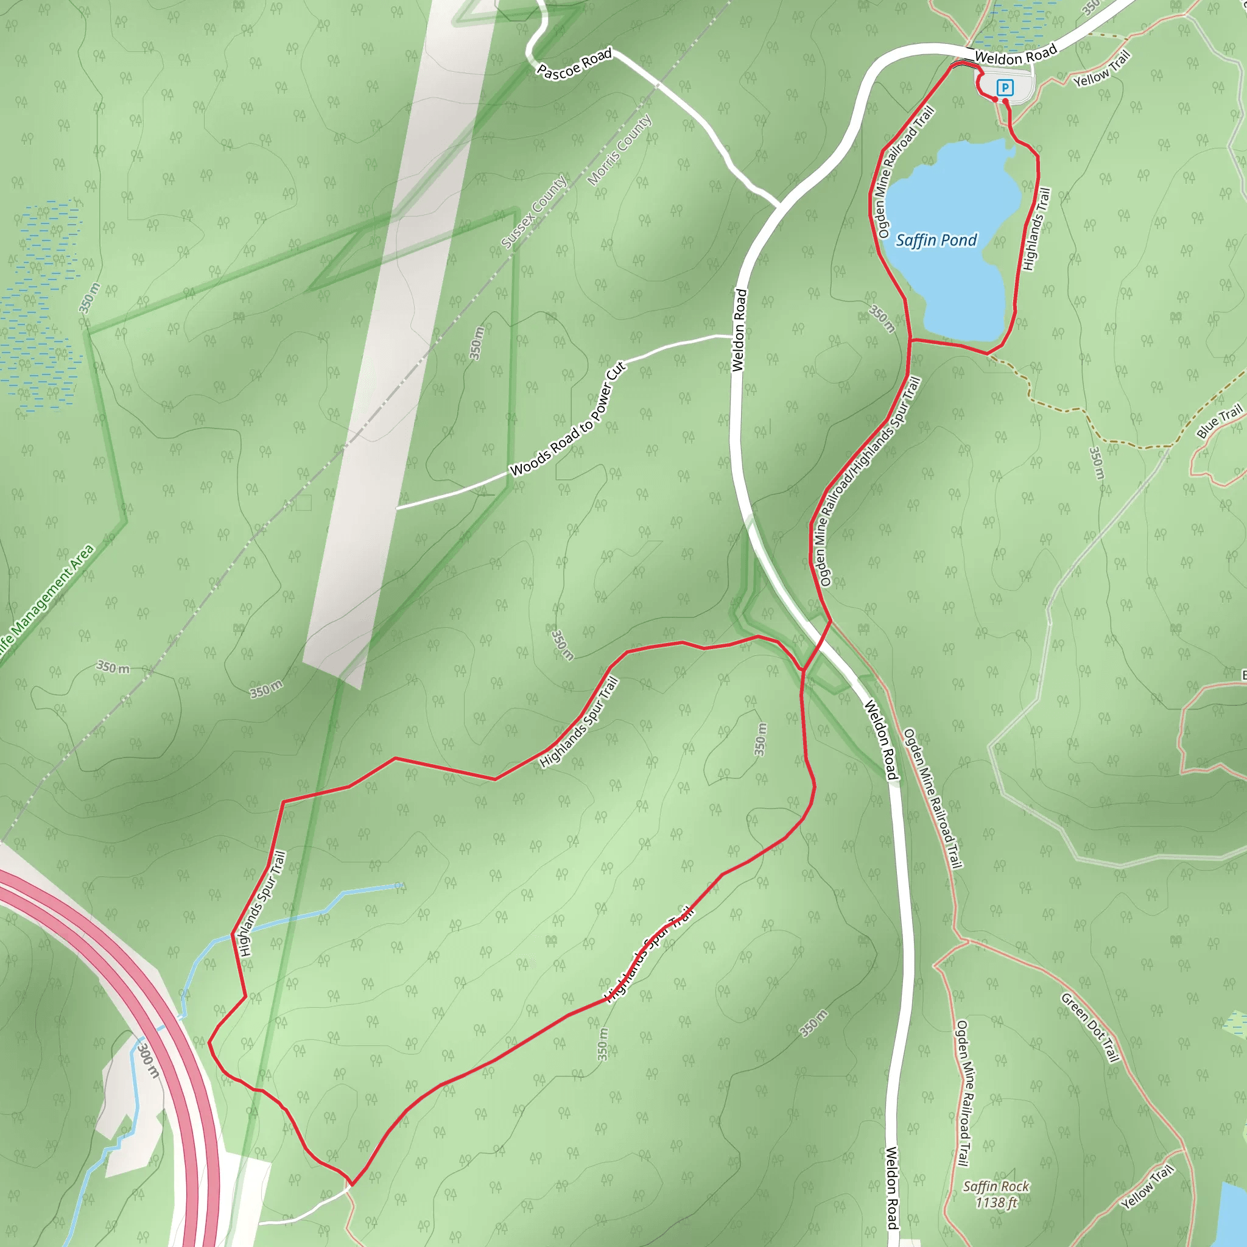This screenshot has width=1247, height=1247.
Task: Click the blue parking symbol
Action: tap(1004, 86)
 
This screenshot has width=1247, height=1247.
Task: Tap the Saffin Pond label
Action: tap(936, 241)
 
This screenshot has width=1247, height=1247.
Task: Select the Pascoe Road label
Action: tap(574, 65)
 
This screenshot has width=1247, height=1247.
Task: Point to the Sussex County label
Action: tap(535, 212)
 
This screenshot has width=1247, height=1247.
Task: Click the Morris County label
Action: tap(620, 150)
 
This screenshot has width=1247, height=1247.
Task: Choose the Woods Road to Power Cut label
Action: tap(567, 420)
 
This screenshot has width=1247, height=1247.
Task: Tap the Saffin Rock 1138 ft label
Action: tap(996, 1193)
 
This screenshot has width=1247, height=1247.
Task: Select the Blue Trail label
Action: tap(1218, 421)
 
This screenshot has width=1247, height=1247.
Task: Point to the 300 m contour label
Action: tap(148, 1061)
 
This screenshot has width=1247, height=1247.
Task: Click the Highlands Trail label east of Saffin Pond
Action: tap(1036, 229)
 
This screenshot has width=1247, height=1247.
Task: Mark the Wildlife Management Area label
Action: tap(45, 603)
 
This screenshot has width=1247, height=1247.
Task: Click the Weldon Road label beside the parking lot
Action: tap(1015, 54)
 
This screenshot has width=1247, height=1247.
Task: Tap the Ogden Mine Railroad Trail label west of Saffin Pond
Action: tap(904, 172)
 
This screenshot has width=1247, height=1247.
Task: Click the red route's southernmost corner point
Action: tap(352, 1184)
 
